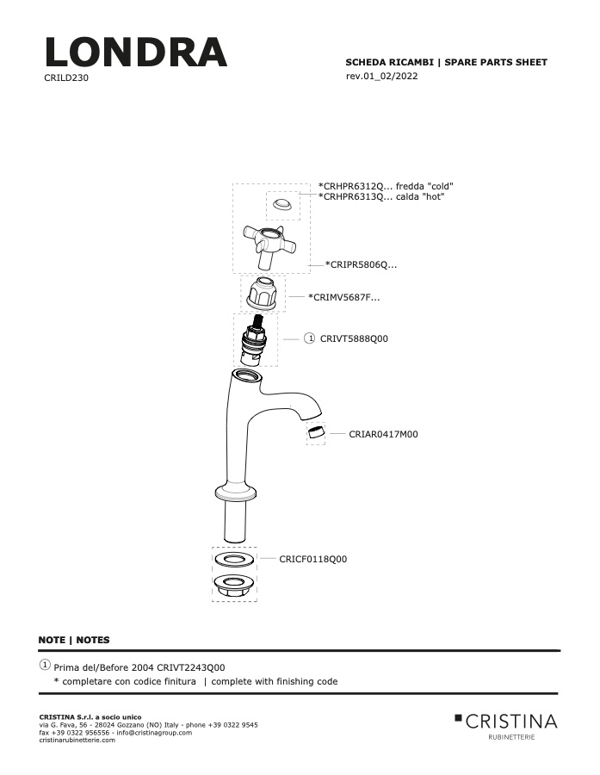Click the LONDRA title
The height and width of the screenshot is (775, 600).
[136, 52]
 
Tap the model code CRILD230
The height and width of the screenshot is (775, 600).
[66, 77]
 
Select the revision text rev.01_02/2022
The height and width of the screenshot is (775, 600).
[381, 76]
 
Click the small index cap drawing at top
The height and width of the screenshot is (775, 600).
[282, 204]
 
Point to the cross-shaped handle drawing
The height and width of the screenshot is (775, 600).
[269, 245]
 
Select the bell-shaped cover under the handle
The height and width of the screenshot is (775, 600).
[263, 294]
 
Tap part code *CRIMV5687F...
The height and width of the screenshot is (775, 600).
[344, 297]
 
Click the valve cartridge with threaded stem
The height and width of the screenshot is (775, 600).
[254, 340]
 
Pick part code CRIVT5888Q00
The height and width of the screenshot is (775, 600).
[354, 338]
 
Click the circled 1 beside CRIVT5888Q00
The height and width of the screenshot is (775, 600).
[309, 338]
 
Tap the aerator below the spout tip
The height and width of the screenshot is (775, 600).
[315, 432]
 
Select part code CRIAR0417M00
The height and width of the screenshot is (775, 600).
[383, 434]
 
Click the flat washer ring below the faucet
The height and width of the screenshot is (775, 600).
[235, 560]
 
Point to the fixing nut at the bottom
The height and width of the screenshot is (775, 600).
[235, 586]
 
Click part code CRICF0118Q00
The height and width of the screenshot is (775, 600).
[312, 559]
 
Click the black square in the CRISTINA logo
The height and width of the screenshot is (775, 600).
[458, 717]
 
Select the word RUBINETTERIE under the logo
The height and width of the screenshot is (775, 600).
[511, 737]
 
